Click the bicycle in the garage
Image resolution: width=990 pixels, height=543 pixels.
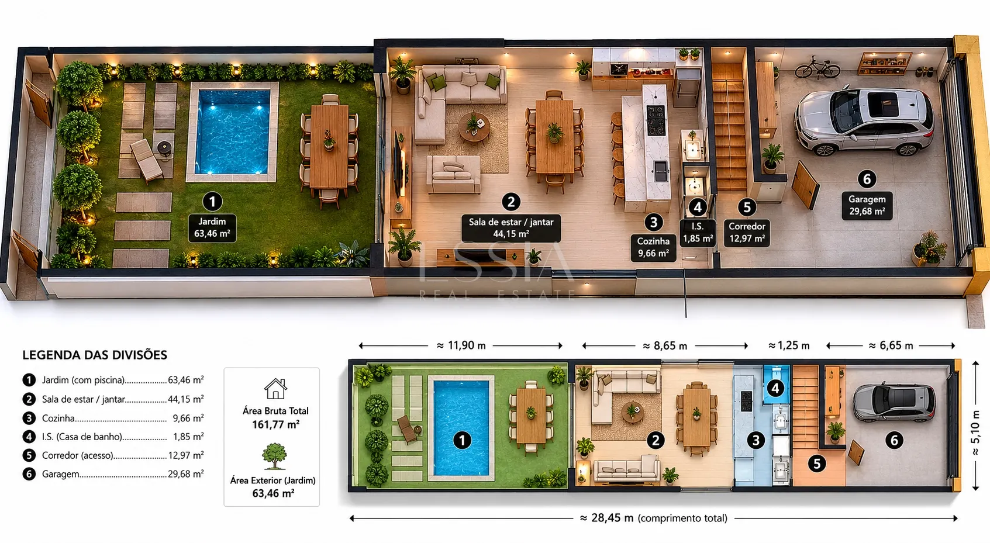tap(817, 68)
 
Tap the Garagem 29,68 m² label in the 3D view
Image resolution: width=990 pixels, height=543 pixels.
tap(867, 205)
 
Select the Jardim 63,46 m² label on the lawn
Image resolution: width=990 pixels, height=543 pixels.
tap(212, 227)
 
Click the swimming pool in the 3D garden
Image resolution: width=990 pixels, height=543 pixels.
tap(233, 132)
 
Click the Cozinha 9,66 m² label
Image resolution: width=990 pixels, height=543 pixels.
tap(653, 247)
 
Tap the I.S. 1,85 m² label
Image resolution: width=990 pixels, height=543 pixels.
tap(698, 233)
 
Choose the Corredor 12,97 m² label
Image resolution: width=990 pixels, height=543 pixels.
tap(747, 233)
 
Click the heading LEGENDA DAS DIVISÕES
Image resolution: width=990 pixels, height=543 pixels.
tap(95, 355)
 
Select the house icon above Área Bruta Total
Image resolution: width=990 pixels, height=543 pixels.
tap(275, 389)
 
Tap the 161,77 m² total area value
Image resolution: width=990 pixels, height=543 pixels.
tap(275, 424)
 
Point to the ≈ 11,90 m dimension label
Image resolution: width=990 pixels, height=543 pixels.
tap(461, 345)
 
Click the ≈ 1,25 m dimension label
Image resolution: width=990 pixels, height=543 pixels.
tap(789, 345)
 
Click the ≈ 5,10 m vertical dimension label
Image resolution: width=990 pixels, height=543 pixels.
tap(975, 433)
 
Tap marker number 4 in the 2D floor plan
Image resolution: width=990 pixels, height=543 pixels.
tap(775, 388)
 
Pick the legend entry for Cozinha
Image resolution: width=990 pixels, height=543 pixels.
tap(113, 418)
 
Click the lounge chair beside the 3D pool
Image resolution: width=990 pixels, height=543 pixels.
tap(147, 160)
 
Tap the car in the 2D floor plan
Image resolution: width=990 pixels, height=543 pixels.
tap(894, 403)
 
